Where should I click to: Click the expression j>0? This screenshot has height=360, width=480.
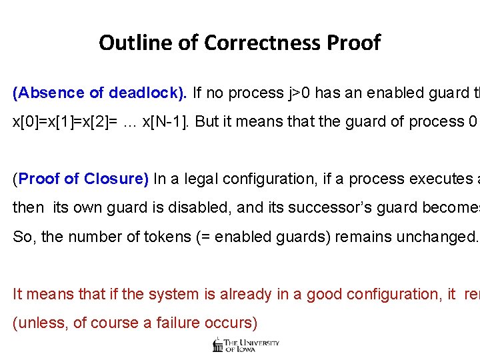(x=299, y=93)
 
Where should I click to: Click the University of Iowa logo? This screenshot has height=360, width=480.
(x=245, y=344)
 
